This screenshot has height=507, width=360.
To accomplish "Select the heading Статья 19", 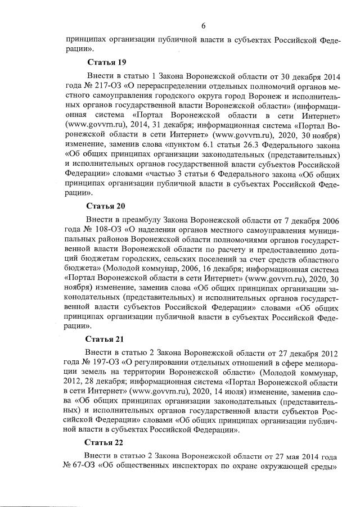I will (106, 61).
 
